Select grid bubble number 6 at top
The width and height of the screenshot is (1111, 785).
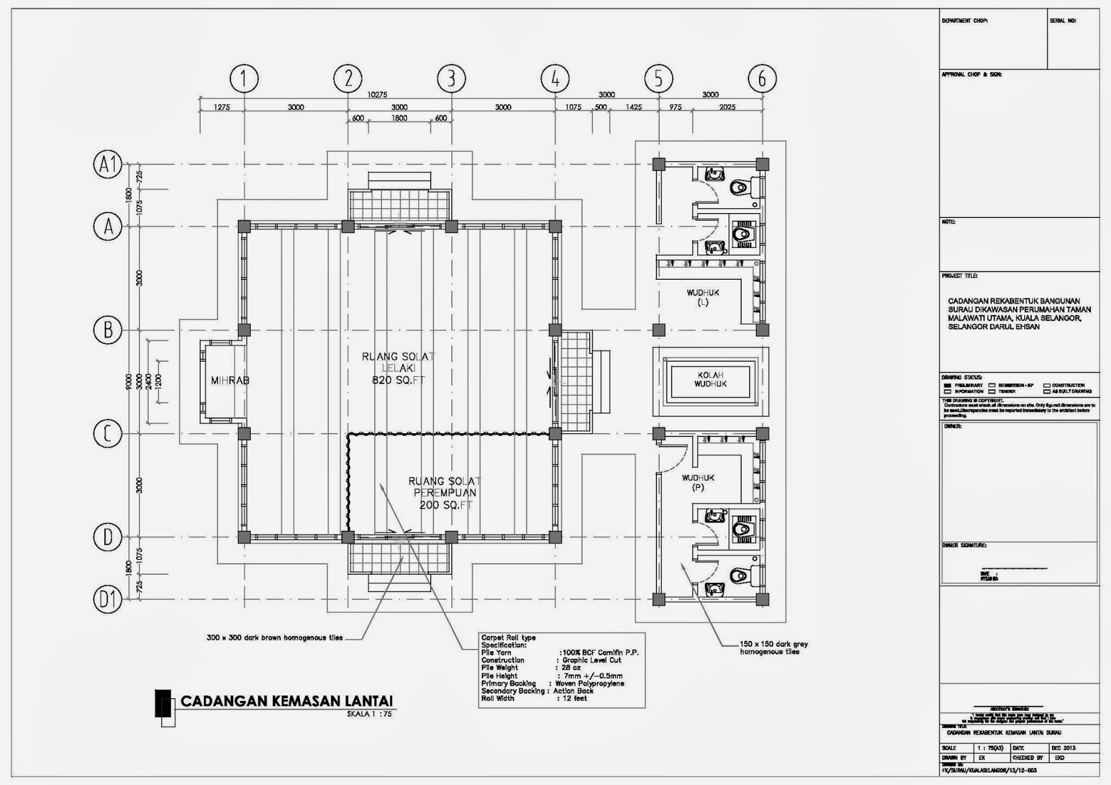click(762, 78)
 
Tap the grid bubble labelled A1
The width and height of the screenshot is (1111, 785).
click(108, 164)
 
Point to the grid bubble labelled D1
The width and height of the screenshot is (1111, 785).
click(108, 599)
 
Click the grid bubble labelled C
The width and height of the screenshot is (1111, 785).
click(108, 434)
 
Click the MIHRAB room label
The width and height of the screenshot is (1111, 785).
click(229, 380)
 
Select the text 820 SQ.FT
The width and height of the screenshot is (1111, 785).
click(398, 380)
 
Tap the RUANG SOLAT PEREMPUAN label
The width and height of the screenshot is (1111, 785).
click(444, 487)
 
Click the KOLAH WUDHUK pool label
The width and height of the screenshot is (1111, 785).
click(710, 380)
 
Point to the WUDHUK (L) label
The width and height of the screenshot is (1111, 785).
click(703, 297)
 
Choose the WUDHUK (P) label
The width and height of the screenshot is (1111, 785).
click(698, 482)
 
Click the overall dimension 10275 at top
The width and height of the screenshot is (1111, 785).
click(376, 94)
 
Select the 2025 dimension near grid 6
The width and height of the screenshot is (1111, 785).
click(727, 108)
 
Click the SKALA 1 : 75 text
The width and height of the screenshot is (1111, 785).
click(369, 714)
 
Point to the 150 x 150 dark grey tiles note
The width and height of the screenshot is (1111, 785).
click(774, 648)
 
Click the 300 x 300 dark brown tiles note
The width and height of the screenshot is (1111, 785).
click(275, 637)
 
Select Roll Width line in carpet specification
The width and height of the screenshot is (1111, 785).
click(534, 698)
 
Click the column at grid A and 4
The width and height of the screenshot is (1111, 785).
click(555, 226)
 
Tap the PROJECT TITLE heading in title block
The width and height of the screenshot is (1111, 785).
click(959, 276)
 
